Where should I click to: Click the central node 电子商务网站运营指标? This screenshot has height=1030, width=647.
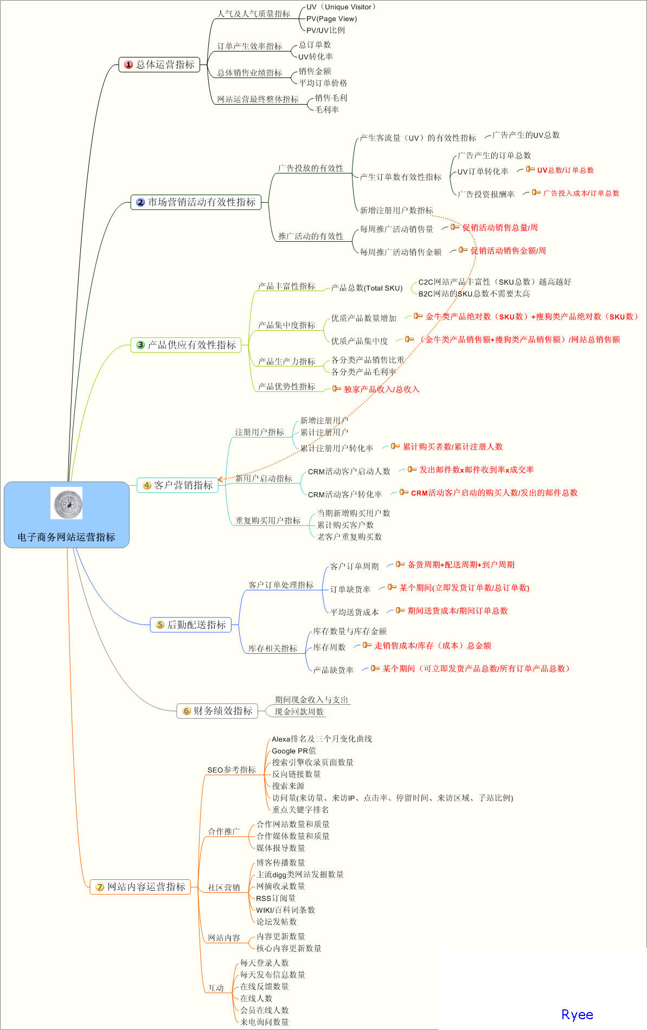click(66, 537)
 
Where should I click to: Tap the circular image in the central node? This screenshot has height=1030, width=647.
click(66, 503)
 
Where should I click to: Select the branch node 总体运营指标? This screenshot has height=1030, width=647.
click(159, 65)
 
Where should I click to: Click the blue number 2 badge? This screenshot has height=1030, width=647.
click(140, 202)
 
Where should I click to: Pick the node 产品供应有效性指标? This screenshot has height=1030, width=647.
click(186, 345)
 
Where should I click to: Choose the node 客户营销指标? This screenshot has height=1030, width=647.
click(177, 485)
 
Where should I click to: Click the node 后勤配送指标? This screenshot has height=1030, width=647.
click(190, 625)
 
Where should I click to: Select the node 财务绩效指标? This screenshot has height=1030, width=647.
click(217, 711)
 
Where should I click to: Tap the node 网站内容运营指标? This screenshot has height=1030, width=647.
click(140, 887)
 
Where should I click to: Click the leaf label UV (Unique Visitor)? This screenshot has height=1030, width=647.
click(341, 7)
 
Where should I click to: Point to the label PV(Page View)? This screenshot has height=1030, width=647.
click(331, 18)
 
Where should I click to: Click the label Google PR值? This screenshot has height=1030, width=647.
click(293, 751)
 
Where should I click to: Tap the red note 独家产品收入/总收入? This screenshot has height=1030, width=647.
click(381, 389)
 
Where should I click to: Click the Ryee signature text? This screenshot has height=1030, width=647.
click(577, 1015)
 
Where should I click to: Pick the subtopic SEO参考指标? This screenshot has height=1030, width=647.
click(232, 770)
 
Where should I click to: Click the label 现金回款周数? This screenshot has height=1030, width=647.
click(299, 712)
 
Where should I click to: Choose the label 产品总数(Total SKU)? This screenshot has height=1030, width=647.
click(367, 288)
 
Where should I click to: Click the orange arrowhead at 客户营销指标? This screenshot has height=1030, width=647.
click(220, 480)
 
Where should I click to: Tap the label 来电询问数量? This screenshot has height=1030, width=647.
click(265, 1022)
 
